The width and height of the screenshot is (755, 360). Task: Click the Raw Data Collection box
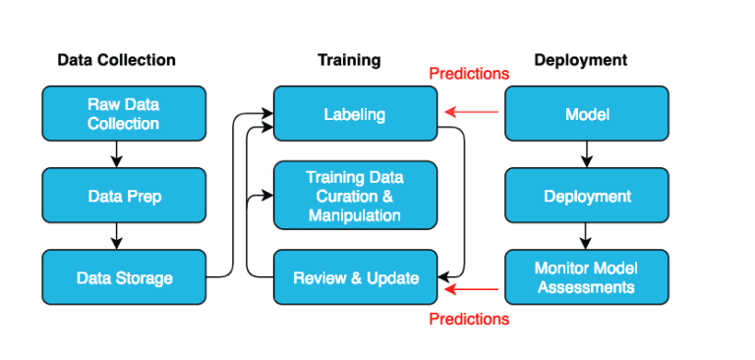coord(123,114)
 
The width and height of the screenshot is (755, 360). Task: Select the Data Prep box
coord(123,196)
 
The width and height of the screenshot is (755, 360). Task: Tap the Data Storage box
coord(123,277)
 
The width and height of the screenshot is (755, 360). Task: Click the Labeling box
coord(354,114)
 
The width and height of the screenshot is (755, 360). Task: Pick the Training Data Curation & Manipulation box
coord(354,196)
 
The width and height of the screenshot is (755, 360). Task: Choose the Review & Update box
coord(354,277)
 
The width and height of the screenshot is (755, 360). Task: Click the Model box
coord(587,114)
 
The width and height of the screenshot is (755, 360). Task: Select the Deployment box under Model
coord(587,196)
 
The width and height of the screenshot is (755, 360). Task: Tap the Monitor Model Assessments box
coord(587,277)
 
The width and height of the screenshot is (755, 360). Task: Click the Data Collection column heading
coord(116,60)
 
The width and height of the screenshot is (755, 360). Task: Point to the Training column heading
coord(348,60)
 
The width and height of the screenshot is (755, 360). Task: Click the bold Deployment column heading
coord(580,60)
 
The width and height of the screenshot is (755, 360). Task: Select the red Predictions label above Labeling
coord(469,74)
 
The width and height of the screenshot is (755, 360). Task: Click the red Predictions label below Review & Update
coord(469,319)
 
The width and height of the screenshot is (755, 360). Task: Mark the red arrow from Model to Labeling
coord(472,112)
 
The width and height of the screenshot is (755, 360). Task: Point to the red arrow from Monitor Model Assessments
coord(472,288)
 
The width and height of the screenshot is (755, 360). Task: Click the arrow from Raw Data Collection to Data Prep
coord(116,153)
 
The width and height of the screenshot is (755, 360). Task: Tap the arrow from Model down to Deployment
coord(587,153)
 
